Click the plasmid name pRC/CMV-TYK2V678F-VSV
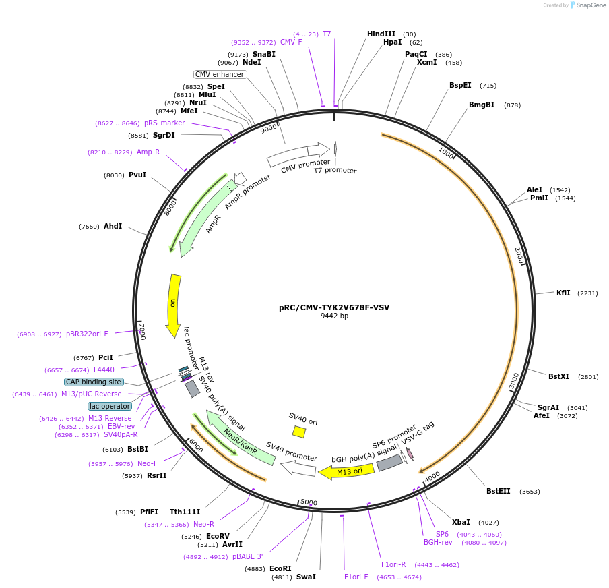(x=334, y=307)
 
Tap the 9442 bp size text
(x=334, y=316)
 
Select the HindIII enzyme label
(x=381, y=34)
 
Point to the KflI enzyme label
(x=563, y=293)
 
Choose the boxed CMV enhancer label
(x=220, y=74)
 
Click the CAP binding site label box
(x=94, y=382)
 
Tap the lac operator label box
(x=110, y=406)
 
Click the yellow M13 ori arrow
(x=347, y=471)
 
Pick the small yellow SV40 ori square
(x=299, y=432)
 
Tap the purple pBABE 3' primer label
(x=247, y=556)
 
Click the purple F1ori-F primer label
(x=356, y=577)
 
